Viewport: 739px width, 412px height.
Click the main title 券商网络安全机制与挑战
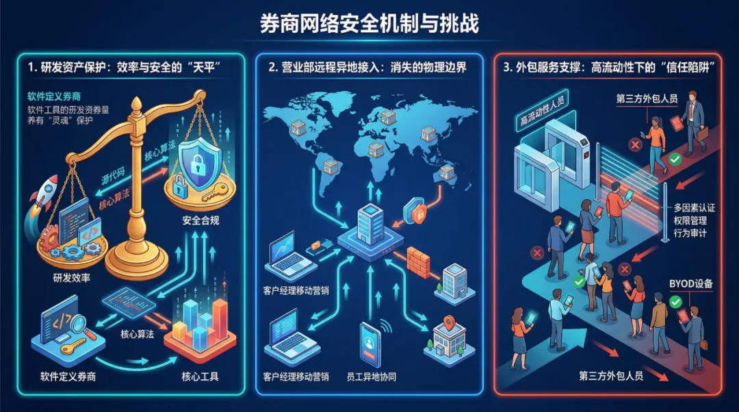coord(369,24)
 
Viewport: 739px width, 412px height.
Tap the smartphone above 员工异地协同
coord(370,342)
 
